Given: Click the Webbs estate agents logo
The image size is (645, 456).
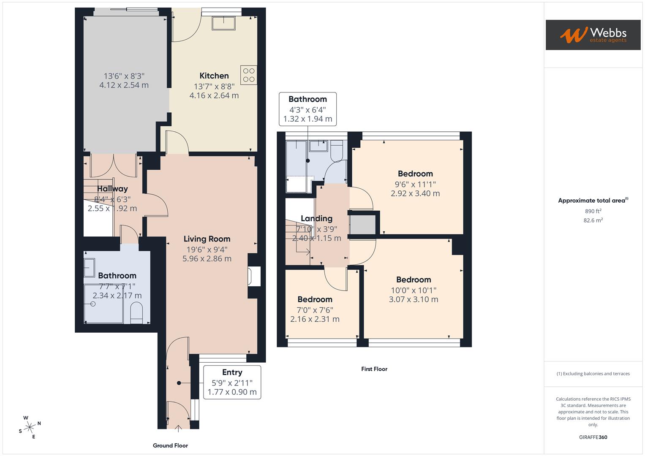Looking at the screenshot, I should click(593, 35).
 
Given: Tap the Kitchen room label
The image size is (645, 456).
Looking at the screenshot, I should click(214, 76).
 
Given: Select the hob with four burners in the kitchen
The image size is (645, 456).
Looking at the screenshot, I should click(249, 75).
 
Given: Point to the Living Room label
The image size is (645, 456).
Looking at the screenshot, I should click(207, 239).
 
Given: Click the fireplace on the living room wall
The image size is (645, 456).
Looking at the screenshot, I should click(254, 277).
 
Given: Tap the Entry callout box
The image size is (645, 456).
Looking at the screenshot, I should click(232, 382).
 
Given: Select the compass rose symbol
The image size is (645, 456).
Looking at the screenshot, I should click(30, 427).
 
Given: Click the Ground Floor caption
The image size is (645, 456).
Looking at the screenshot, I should click(170, 445).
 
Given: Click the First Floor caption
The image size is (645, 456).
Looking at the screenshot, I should click(374, 369).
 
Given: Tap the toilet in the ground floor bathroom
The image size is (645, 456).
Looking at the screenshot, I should click(136, 315).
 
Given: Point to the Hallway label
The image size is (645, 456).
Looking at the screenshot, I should click(112, 189).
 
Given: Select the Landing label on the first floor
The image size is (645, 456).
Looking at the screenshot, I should click(316, 218).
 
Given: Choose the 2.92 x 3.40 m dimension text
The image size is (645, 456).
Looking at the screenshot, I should click(415, 193).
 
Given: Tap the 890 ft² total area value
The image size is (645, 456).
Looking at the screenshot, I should click(593, 211).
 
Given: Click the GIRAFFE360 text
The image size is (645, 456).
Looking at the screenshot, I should click(593, 437).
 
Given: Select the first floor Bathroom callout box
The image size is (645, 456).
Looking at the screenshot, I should click(308, 109).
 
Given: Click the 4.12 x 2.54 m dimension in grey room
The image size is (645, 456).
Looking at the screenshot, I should click(124, 85).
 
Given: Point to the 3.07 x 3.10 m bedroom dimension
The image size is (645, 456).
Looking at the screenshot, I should click(414, 299).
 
